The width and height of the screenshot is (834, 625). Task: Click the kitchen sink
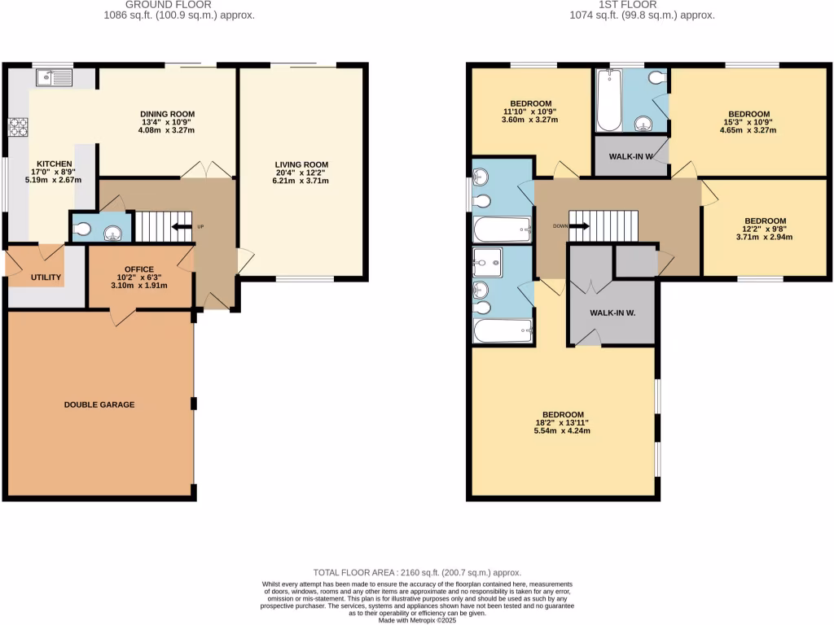(x=54, y=78)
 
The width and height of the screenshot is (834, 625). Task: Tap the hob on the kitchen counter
(x=18, y=127)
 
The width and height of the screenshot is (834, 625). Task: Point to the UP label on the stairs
(x=199, y=226)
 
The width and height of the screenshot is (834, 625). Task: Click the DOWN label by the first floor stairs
(x=560, y=226)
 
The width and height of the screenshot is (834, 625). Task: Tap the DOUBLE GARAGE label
(x=99, y=404)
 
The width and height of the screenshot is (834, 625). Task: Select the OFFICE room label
(x=139, y=269)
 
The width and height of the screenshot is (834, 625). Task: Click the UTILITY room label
(x=46, y=278)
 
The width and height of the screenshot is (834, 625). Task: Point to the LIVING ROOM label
(x=301, y=164)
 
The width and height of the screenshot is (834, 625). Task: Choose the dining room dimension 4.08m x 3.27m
(x=167, y=130)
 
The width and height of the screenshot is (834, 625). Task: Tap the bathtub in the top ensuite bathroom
(x=607, y=101)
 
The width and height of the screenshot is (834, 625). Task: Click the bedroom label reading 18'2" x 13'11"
(x=562, y=422)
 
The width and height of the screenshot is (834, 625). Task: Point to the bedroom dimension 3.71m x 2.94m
(x=765, y=238)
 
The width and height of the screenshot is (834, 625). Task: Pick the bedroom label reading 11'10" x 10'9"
(x=530, y=111)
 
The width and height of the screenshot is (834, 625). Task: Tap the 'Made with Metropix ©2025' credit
(x=417, y=620)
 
